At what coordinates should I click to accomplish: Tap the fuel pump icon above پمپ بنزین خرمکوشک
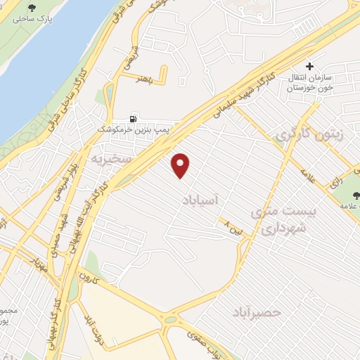pos(134,120)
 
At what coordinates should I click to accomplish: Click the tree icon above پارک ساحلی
pos(32,8)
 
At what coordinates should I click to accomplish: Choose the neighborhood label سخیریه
pos(111,160)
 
